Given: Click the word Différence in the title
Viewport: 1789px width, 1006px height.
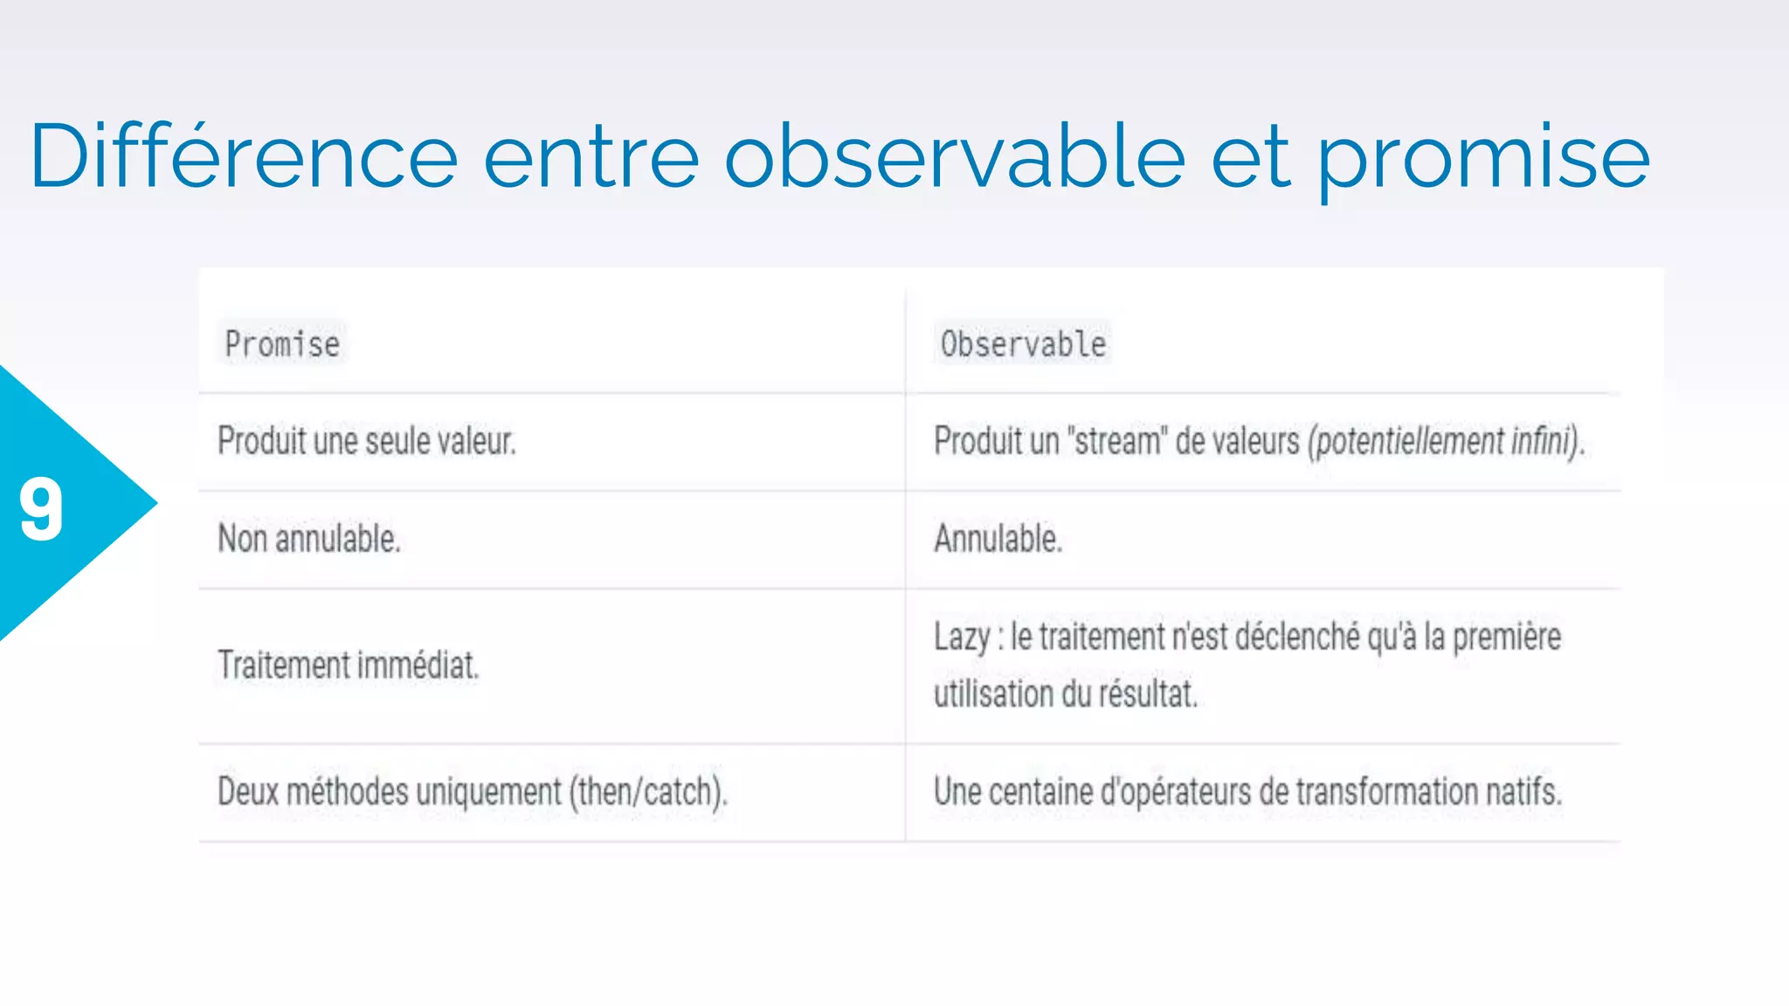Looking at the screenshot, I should point(244,157).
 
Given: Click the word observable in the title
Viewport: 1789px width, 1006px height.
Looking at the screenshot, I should point(954,157).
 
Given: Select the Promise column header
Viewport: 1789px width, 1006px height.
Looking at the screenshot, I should point(282,344).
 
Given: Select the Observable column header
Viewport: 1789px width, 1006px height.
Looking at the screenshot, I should point(1023,344).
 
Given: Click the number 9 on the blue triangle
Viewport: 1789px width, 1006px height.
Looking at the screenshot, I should point(41,509).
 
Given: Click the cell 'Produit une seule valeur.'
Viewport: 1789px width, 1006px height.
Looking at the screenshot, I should point(367,441).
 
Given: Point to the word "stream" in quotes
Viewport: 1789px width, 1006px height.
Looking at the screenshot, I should point(1117,441).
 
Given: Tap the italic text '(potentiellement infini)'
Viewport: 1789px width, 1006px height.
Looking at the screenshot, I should point(1446,441).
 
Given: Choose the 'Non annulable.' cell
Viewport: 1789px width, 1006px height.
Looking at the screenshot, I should point(309,539).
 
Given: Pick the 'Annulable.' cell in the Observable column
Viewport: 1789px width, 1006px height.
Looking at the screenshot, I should point(998,539).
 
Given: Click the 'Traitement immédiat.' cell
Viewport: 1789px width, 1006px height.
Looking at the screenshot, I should point(349,665).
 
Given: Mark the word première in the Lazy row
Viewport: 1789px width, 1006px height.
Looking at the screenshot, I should point(1507,637).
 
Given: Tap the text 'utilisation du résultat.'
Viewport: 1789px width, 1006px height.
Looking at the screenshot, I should point(1066,694).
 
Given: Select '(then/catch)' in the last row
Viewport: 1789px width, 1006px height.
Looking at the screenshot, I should point(647,792).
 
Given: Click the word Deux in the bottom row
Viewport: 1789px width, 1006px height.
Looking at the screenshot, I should point(247,792).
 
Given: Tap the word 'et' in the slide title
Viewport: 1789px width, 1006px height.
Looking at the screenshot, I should point(1250,157).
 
